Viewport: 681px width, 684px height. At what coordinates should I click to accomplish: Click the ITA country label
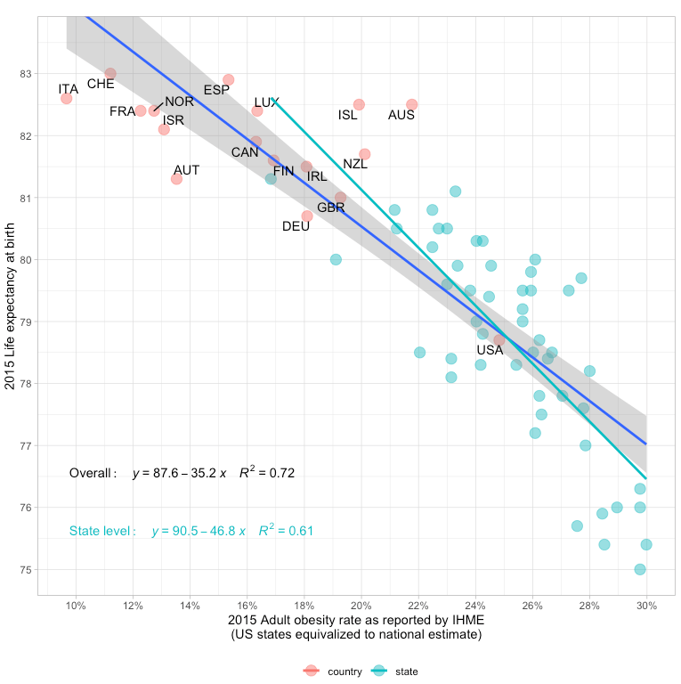pyautogui.click(x=69, y=89)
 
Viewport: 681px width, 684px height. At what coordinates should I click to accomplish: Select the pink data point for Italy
pyautogui.click(x=67, y=98)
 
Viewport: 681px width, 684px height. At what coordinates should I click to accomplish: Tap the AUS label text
pyautogui.click(x=401, y=115)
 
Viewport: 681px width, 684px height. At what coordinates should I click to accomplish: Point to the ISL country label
pyautogui.click(x=348, y=115)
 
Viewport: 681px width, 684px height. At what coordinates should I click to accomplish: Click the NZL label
pyautogui.click(x=355, y=164)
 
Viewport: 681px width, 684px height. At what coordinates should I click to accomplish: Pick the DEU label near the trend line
pyautogui.click(x=296, y=226)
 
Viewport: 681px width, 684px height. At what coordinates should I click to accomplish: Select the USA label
pyautogui.click(x=490, y=350)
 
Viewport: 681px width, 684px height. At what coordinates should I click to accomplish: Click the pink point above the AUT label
pyautogui.click(x=176, y=179)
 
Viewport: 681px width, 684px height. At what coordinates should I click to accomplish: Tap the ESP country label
pyautogui.click(x=216, y=90)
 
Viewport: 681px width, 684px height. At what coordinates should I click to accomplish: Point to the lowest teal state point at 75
pyautogui.click(x=640, y=569)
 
